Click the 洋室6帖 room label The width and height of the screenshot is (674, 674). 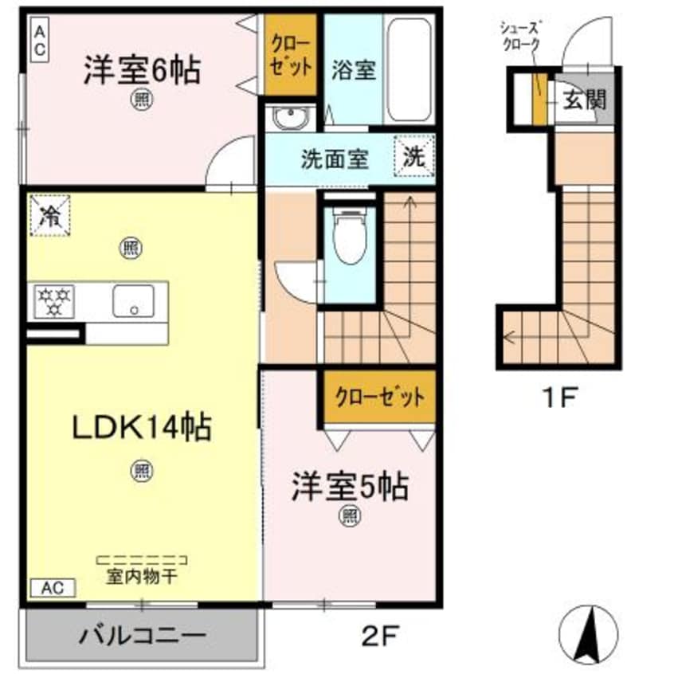pos(141,70)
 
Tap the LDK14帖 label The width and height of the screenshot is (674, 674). pos(142,429)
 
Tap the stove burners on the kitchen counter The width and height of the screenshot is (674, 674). pos(53,301)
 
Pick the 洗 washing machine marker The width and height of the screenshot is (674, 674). pos(413,157)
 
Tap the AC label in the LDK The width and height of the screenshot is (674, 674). pos(52,588)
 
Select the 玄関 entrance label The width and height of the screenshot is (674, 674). pos(586,100)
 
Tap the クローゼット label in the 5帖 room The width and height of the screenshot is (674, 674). pos(379,396)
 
